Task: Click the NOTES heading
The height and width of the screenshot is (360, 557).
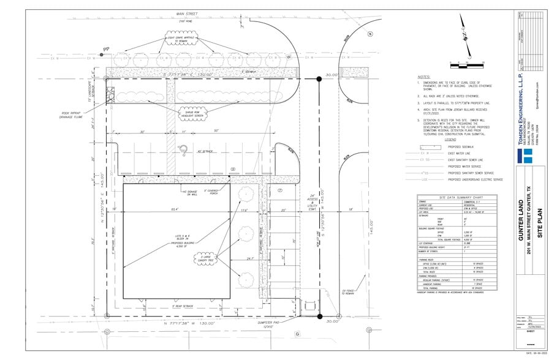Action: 423,77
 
